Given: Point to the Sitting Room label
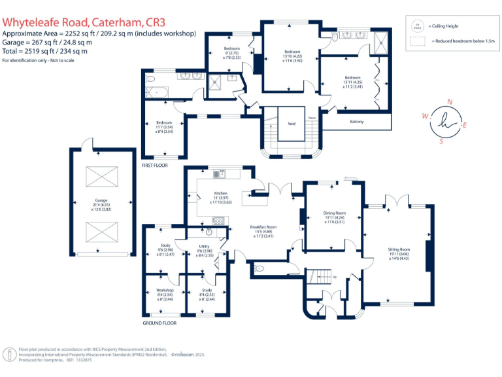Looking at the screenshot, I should point(399,249).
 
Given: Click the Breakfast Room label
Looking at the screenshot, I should point(263,227).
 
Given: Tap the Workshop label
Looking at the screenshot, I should point(164,290).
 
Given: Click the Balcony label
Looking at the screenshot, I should point(357,122).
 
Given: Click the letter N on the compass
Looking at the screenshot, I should point(449,101).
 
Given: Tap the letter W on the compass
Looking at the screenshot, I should point(425,116).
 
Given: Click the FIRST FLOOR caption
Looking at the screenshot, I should point(155,166).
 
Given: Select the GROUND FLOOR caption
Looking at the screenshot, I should point(159,323).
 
